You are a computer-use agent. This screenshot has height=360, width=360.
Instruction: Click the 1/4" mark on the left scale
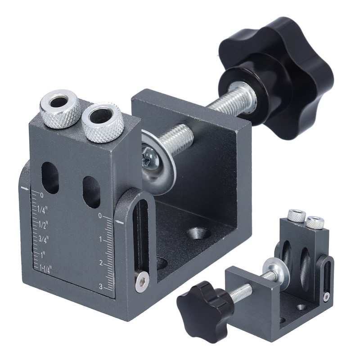[42, 209]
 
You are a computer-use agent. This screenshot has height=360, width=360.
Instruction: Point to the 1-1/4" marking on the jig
[46, 268]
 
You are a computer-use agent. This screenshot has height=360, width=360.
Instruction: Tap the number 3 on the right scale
[100, 287]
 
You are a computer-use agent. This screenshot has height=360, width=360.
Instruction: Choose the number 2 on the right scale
[100, 263]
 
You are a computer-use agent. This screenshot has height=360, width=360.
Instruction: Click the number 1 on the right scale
[100, 240]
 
